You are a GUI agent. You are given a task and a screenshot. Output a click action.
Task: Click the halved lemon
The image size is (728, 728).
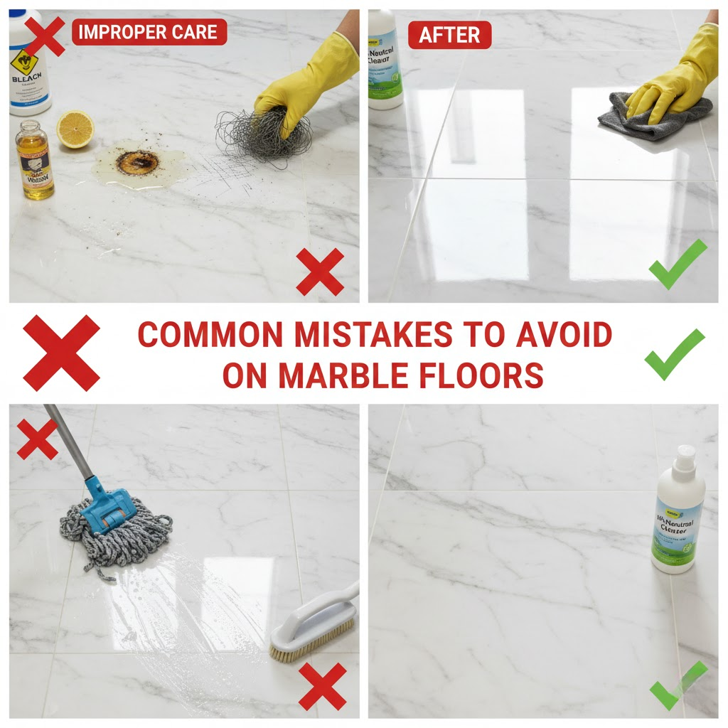[75, 129]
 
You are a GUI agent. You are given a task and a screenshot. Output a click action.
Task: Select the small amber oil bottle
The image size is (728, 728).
[35, 162]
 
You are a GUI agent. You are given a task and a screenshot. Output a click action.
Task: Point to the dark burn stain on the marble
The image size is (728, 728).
[134, 163]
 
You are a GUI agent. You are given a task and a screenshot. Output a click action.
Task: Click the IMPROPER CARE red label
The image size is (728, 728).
[149, 32]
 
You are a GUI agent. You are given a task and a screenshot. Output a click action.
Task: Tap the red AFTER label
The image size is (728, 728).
[449, 35]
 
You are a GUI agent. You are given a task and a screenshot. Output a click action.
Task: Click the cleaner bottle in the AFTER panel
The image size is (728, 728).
[385, 60]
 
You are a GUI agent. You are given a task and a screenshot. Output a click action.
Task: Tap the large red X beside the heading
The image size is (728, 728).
[61, 353]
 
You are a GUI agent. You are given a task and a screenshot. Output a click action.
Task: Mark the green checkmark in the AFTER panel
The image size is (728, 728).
[678, 264]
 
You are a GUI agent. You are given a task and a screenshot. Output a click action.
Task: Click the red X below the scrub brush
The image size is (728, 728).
[321, 686]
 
